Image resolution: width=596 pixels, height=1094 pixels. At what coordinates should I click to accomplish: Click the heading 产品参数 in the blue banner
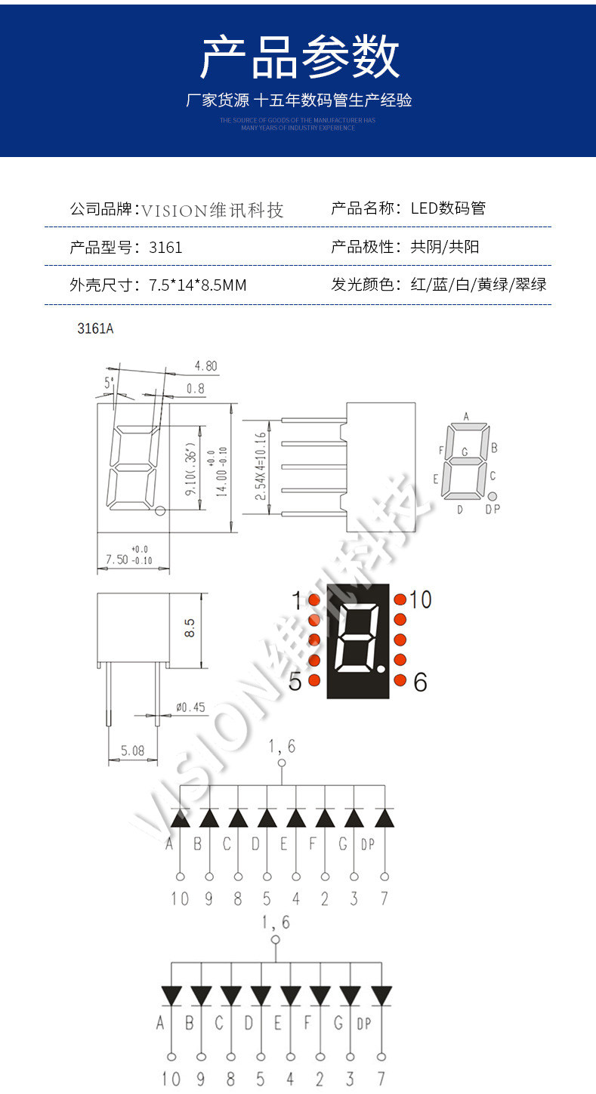point(299,57)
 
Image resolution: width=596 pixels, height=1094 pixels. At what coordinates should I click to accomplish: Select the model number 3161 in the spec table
point(165,247)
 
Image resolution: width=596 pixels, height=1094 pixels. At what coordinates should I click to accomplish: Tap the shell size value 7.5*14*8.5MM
point(198,285)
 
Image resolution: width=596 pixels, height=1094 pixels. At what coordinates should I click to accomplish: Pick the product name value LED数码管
point(448,208)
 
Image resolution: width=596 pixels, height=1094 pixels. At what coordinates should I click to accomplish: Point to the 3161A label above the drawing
point(95,329)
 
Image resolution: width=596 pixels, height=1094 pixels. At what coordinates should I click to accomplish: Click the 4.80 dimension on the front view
point(205,366)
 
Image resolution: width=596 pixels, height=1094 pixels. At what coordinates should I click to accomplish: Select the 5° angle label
point(110,383)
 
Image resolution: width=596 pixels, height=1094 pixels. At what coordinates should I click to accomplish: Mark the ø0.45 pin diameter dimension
point(190,707)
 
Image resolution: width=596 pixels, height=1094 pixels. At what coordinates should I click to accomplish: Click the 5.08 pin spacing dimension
point(132,751)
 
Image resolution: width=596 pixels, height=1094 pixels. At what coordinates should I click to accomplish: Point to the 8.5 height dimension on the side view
point(190,627)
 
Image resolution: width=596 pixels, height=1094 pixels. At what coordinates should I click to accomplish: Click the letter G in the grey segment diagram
point(465,452)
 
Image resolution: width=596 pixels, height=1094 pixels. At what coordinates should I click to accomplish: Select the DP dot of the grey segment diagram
point(492,496)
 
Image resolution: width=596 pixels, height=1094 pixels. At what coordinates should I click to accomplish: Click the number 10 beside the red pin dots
point(420,600)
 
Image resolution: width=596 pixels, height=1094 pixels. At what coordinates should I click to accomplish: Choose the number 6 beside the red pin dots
point(420,683)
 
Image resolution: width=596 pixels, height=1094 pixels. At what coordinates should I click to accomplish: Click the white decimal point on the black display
point(382,669)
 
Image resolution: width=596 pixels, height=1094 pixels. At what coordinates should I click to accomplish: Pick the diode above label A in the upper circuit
point(180,818)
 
